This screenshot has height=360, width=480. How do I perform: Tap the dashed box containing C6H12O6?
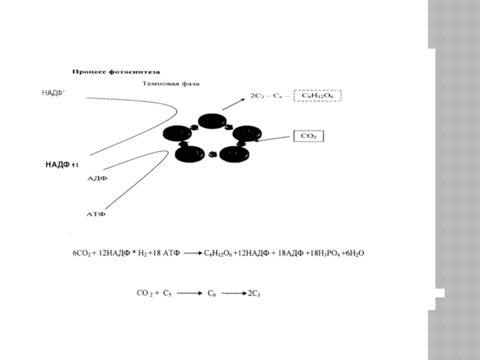point(317,96)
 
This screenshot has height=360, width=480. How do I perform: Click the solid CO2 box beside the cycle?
point(308,136)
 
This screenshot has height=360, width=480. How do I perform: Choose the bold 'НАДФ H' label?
point(62,164)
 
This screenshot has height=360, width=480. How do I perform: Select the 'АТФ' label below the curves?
point(97,213)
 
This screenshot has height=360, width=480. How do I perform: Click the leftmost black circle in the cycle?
point(177,134)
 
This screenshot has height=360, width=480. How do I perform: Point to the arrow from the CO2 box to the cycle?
point(275,139)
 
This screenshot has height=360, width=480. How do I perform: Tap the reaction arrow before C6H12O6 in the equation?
point(194,254)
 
